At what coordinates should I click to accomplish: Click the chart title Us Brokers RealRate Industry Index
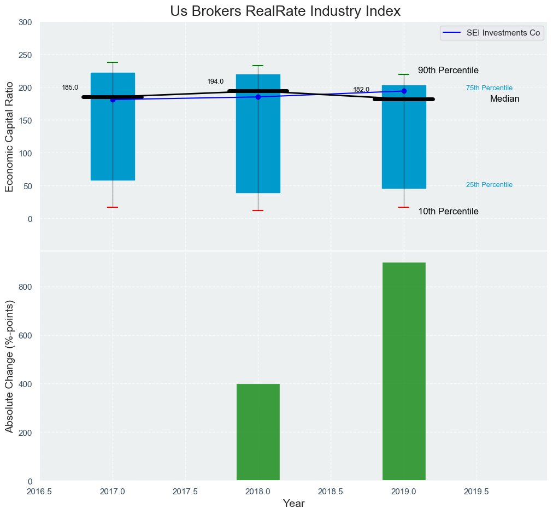(x=285, y=11)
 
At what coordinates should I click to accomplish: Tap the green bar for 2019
(x=404, y=372)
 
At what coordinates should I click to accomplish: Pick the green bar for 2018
(x=258, y=432)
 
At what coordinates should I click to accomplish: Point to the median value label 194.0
(x=215, y=81)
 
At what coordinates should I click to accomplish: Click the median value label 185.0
(x=70, y=87)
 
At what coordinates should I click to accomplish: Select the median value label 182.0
(x=361, y=90)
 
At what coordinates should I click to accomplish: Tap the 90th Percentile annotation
(x=448, y=71)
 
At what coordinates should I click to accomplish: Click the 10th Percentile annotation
(x=448, y=212)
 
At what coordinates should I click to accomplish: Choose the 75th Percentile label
(x=489, y=88)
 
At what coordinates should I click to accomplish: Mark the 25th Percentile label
(x=489, y=185)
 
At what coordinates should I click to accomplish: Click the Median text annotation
(x=504, y=99)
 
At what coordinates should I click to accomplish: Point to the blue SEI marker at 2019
(x=404, y=91)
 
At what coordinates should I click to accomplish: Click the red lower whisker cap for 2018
(x=258, y=211)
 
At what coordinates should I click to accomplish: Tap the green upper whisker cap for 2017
(x=113, y=62)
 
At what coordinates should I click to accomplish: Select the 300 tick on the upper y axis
(x=26, y=22)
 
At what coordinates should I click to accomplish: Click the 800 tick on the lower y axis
(x=26, y=287)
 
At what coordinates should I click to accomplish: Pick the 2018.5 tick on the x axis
(x=331, y=491)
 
